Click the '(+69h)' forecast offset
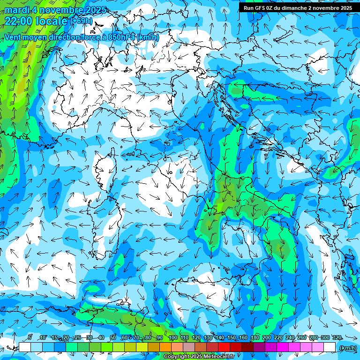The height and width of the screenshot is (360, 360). click(81, 21)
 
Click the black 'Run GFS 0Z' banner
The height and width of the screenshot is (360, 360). click(299, 7)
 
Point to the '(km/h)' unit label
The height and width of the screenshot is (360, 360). click(347, 348)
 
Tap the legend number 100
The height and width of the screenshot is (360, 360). click(173, 338)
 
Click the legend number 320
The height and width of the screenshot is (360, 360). click(337, 338)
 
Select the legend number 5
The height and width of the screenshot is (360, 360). click(30, 338)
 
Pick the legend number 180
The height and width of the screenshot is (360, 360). click(255, 338)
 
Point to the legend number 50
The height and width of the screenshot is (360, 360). click(113, 338)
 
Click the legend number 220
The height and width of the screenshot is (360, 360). click(278, 338)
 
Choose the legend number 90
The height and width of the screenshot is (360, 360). click(160, 338)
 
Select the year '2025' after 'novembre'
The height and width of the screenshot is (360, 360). click(95, 10)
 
